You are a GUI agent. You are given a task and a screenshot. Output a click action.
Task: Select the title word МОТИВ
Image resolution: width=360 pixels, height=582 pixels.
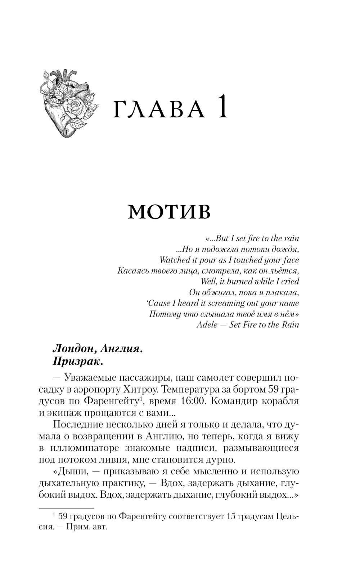[169, 212]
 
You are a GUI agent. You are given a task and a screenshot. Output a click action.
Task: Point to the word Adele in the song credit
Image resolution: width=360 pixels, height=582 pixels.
[207, 324]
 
